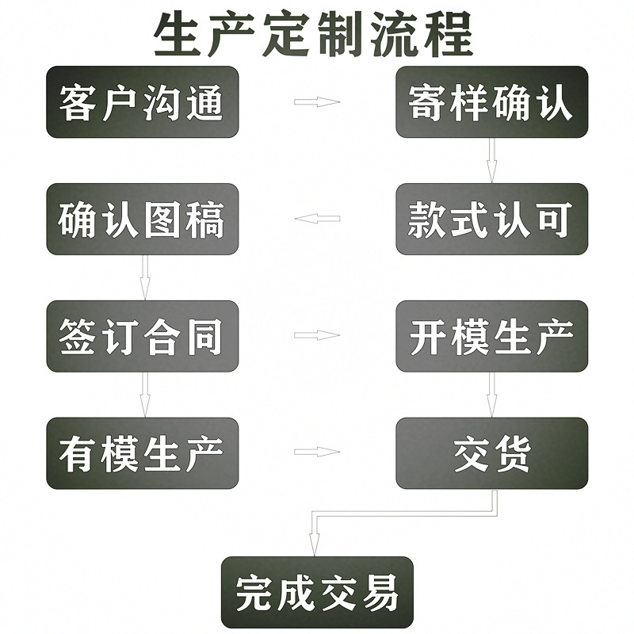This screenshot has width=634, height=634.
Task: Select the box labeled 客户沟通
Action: click(143, 102)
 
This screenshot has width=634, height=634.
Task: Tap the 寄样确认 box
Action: click(491, 102)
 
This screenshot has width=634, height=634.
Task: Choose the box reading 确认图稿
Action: click(143, 220)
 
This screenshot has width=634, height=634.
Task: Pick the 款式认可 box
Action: click(491, 220)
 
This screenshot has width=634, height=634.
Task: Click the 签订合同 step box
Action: click(143, 336)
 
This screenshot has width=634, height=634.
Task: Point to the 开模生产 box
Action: click(491, 336)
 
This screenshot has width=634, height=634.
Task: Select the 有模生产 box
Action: click(143, 453)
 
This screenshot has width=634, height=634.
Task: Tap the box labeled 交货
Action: click(491, 453)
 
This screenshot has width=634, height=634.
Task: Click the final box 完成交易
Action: click(317, 592)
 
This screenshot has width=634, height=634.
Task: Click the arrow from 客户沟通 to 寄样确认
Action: click(317, 102)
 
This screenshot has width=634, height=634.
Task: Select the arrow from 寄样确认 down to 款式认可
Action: click(491, 161)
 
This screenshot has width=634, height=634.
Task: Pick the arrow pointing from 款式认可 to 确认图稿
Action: click(317, 219)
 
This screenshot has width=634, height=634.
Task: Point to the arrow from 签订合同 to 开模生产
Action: click(317, 335)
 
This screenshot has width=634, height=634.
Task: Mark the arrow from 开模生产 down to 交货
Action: click(491, 395)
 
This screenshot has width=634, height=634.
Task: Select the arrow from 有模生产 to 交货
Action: click(317, 453)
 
